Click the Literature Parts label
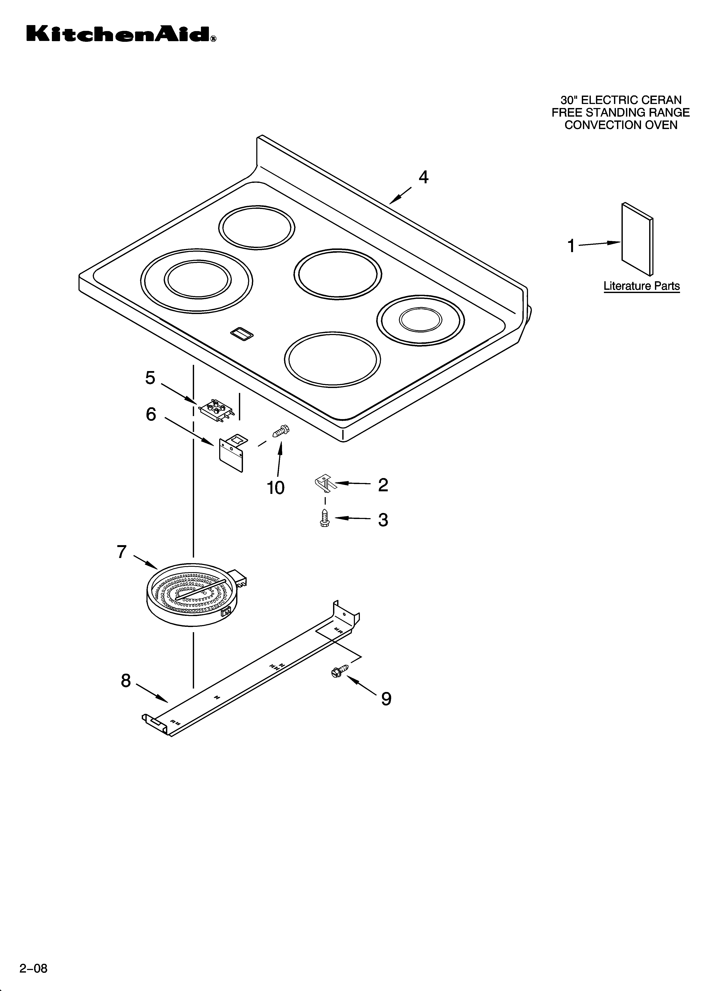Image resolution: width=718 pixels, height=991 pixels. pyautogui.click(x=641, y=286)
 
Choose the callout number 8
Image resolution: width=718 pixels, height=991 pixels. pyautogui.click(x=126, y=681)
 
